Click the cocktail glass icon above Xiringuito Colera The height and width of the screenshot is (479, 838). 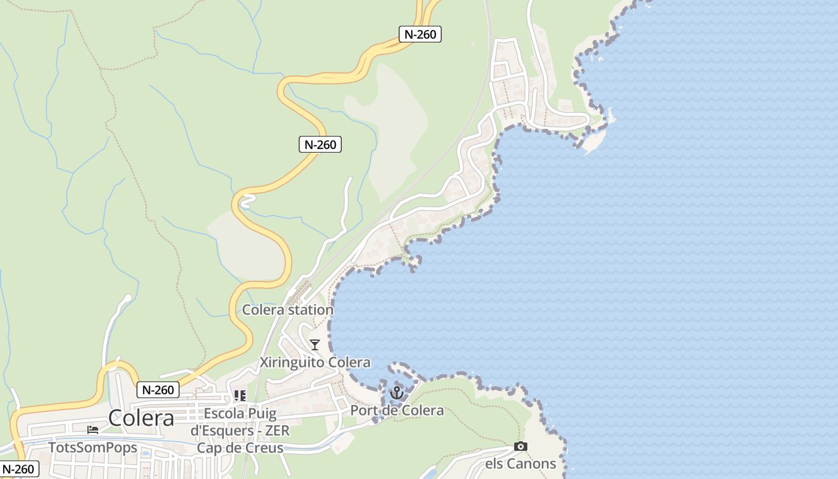315,345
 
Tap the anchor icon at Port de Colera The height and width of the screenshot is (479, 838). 396,393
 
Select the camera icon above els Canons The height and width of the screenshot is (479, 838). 521,447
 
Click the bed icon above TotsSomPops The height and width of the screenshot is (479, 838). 93,430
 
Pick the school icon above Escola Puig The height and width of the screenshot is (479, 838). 240,396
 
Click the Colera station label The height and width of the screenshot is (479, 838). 287,310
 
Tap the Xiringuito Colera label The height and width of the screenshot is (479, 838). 315,362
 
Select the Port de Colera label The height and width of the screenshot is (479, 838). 397,410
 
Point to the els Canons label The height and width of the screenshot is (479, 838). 520,463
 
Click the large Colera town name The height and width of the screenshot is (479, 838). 141,418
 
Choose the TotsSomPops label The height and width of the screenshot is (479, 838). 93,447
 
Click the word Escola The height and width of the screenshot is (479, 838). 224,414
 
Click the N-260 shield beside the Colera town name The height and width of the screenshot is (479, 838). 159,390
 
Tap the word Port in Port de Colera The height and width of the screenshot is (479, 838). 363,410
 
